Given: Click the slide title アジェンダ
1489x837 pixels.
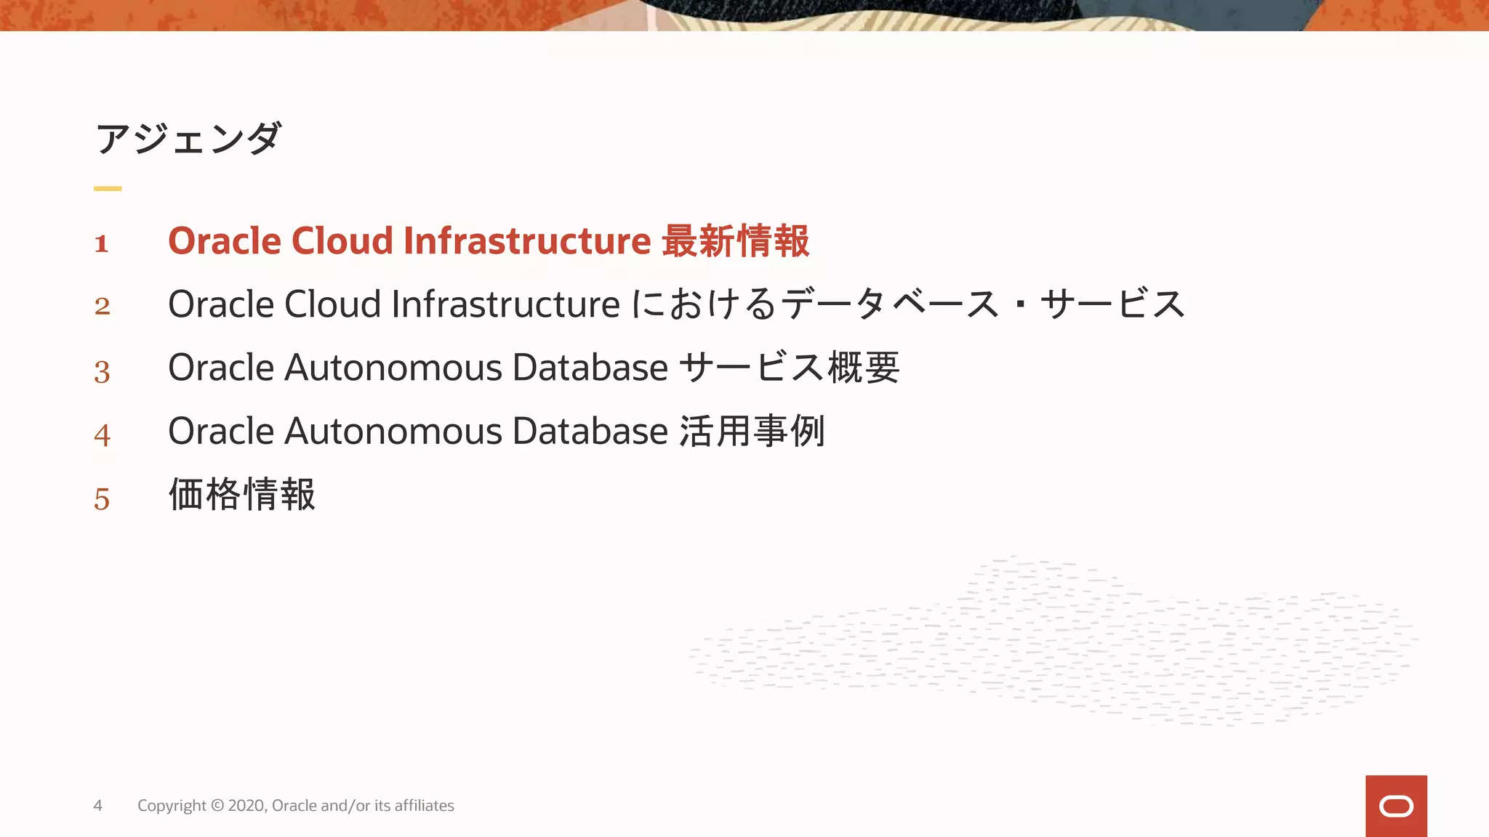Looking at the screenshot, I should (x=188, y=138).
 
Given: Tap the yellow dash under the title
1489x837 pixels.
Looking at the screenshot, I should (x=108, y=188).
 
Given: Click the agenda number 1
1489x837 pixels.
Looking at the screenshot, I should (x=102, y=243).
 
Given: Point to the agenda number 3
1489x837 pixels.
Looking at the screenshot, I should (x=102, y=371).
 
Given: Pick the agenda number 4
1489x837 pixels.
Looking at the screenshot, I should (x=102, y=435).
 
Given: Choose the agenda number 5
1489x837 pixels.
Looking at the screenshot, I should (x=102, y=499).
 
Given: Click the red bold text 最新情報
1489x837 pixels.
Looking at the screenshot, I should (x=735, y=241).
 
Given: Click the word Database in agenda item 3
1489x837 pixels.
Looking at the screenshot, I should (x=590, y=368).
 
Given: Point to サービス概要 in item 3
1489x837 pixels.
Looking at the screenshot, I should (x=790, y=368).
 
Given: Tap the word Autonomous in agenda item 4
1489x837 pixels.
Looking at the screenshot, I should (x=393, y=432).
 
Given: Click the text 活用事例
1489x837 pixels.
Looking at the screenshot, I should (x=752, y=432).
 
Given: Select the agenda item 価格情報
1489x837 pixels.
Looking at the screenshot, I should (x=242, y=495).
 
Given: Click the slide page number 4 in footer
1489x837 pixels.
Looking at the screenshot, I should (x=97, y=806).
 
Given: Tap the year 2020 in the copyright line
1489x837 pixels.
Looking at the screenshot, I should (x=246, y=806).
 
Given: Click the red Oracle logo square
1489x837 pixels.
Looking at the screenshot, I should (x=1396, y=806).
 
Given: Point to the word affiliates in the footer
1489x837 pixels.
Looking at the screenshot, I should (x=424, y=806).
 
